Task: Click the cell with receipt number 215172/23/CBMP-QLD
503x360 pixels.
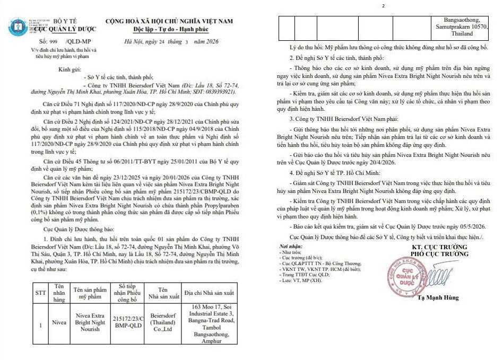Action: pos(125,322)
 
